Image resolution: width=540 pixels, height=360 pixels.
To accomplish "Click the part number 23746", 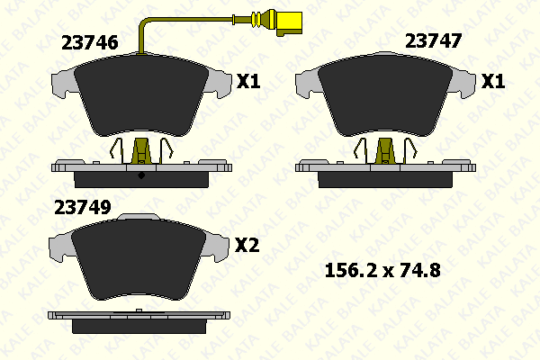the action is pos(89,42).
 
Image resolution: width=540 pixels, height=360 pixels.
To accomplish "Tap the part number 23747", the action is pos(433,41).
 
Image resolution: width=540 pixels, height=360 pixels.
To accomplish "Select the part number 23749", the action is pos(83,207).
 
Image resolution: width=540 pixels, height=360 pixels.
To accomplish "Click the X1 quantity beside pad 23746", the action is pos(248,82).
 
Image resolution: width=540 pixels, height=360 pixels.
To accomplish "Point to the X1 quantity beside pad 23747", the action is pos(493,82).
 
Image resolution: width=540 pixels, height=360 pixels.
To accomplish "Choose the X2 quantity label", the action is pos(247,246).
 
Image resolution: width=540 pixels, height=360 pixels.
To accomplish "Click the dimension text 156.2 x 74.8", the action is pos(382,270).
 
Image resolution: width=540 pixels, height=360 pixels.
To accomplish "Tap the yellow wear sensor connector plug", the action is pos(289,23).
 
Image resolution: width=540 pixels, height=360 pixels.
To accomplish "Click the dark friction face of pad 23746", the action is pos(141,94).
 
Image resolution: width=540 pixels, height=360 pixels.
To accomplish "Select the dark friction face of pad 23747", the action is pos(385,94).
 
